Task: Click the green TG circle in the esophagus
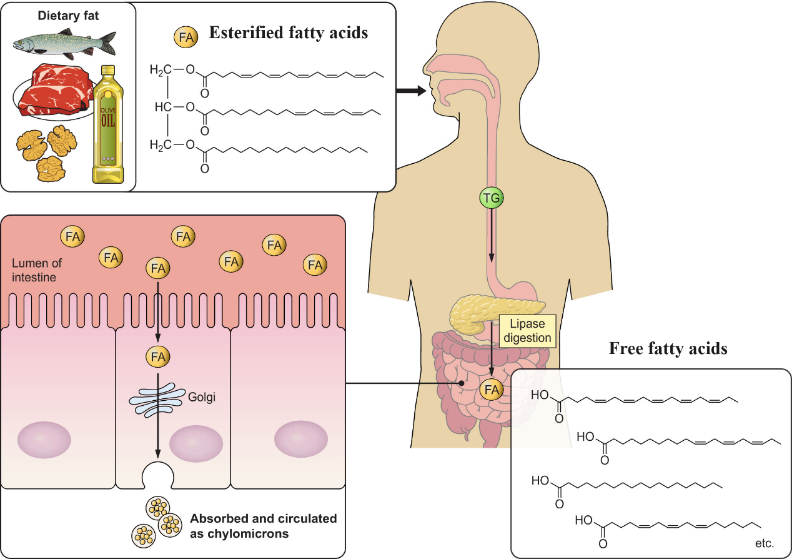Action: point(492,198)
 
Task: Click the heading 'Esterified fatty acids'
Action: point(288,33)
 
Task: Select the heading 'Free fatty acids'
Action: point(668,349)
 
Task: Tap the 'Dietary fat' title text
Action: point(68,15)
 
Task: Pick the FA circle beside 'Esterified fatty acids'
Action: point(186,37)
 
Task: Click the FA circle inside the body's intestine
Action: point(491,390)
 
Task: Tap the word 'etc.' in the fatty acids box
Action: point(764,543)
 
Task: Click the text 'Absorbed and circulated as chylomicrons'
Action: point(263,526)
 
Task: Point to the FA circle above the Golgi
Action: point(157,357)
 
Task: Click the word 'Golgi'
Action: point(201,396)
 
